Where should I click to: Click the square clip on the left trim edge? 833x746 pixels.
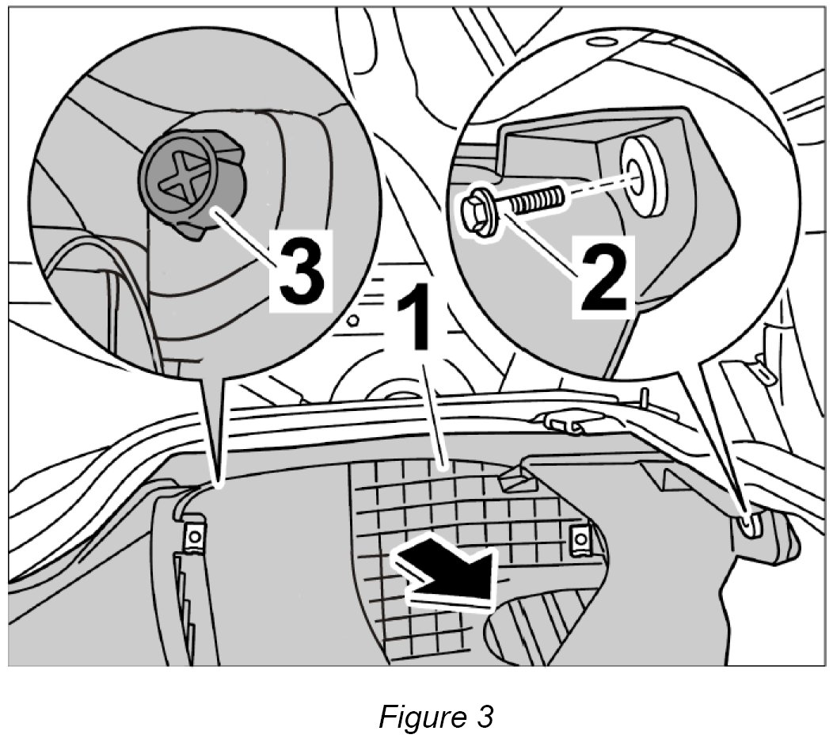pyautogui.click(x=193, y=537)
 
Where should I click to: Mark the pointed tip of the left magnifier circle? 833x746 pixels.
pyautogui.click(x=216, y=479)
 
